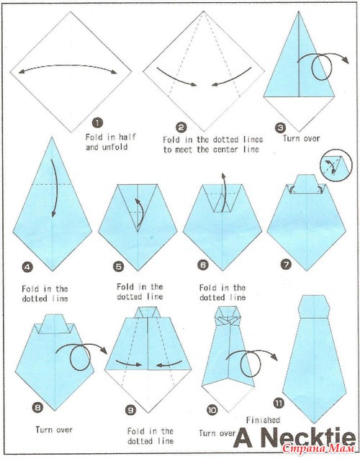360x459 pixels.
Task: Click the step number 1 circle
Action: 97,123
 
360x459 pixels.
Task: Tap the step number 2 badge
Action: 181,127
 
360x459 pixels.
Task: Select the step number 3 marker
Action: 280,127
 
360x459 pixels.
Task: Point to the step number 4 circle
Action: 27,267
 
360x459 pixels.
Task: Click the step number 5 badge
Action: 118,267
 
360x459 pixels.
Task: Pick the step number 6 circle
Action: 203,265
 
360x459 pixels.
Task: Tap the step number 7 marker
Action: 286,265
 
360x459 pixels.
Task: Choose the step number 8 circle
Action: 38,407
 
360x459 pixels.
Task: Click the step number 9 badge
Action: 130,410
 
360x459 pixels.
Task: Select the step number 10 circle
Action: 212,410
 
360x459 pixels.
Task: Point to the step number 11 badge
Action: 279,404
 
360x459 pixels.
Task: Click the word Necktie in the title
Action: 307,439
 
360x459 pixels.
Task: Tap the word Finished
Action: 263,420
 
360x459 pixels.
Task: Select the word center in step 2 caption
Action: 233,150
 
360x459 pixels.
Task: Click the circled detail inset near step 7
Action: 336,165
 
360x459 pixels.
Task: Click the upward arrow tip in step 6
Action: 223,175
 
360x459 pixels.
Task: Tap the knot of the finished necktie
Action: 314,307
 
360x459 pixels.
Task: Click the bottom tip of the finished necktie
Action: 315,423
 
